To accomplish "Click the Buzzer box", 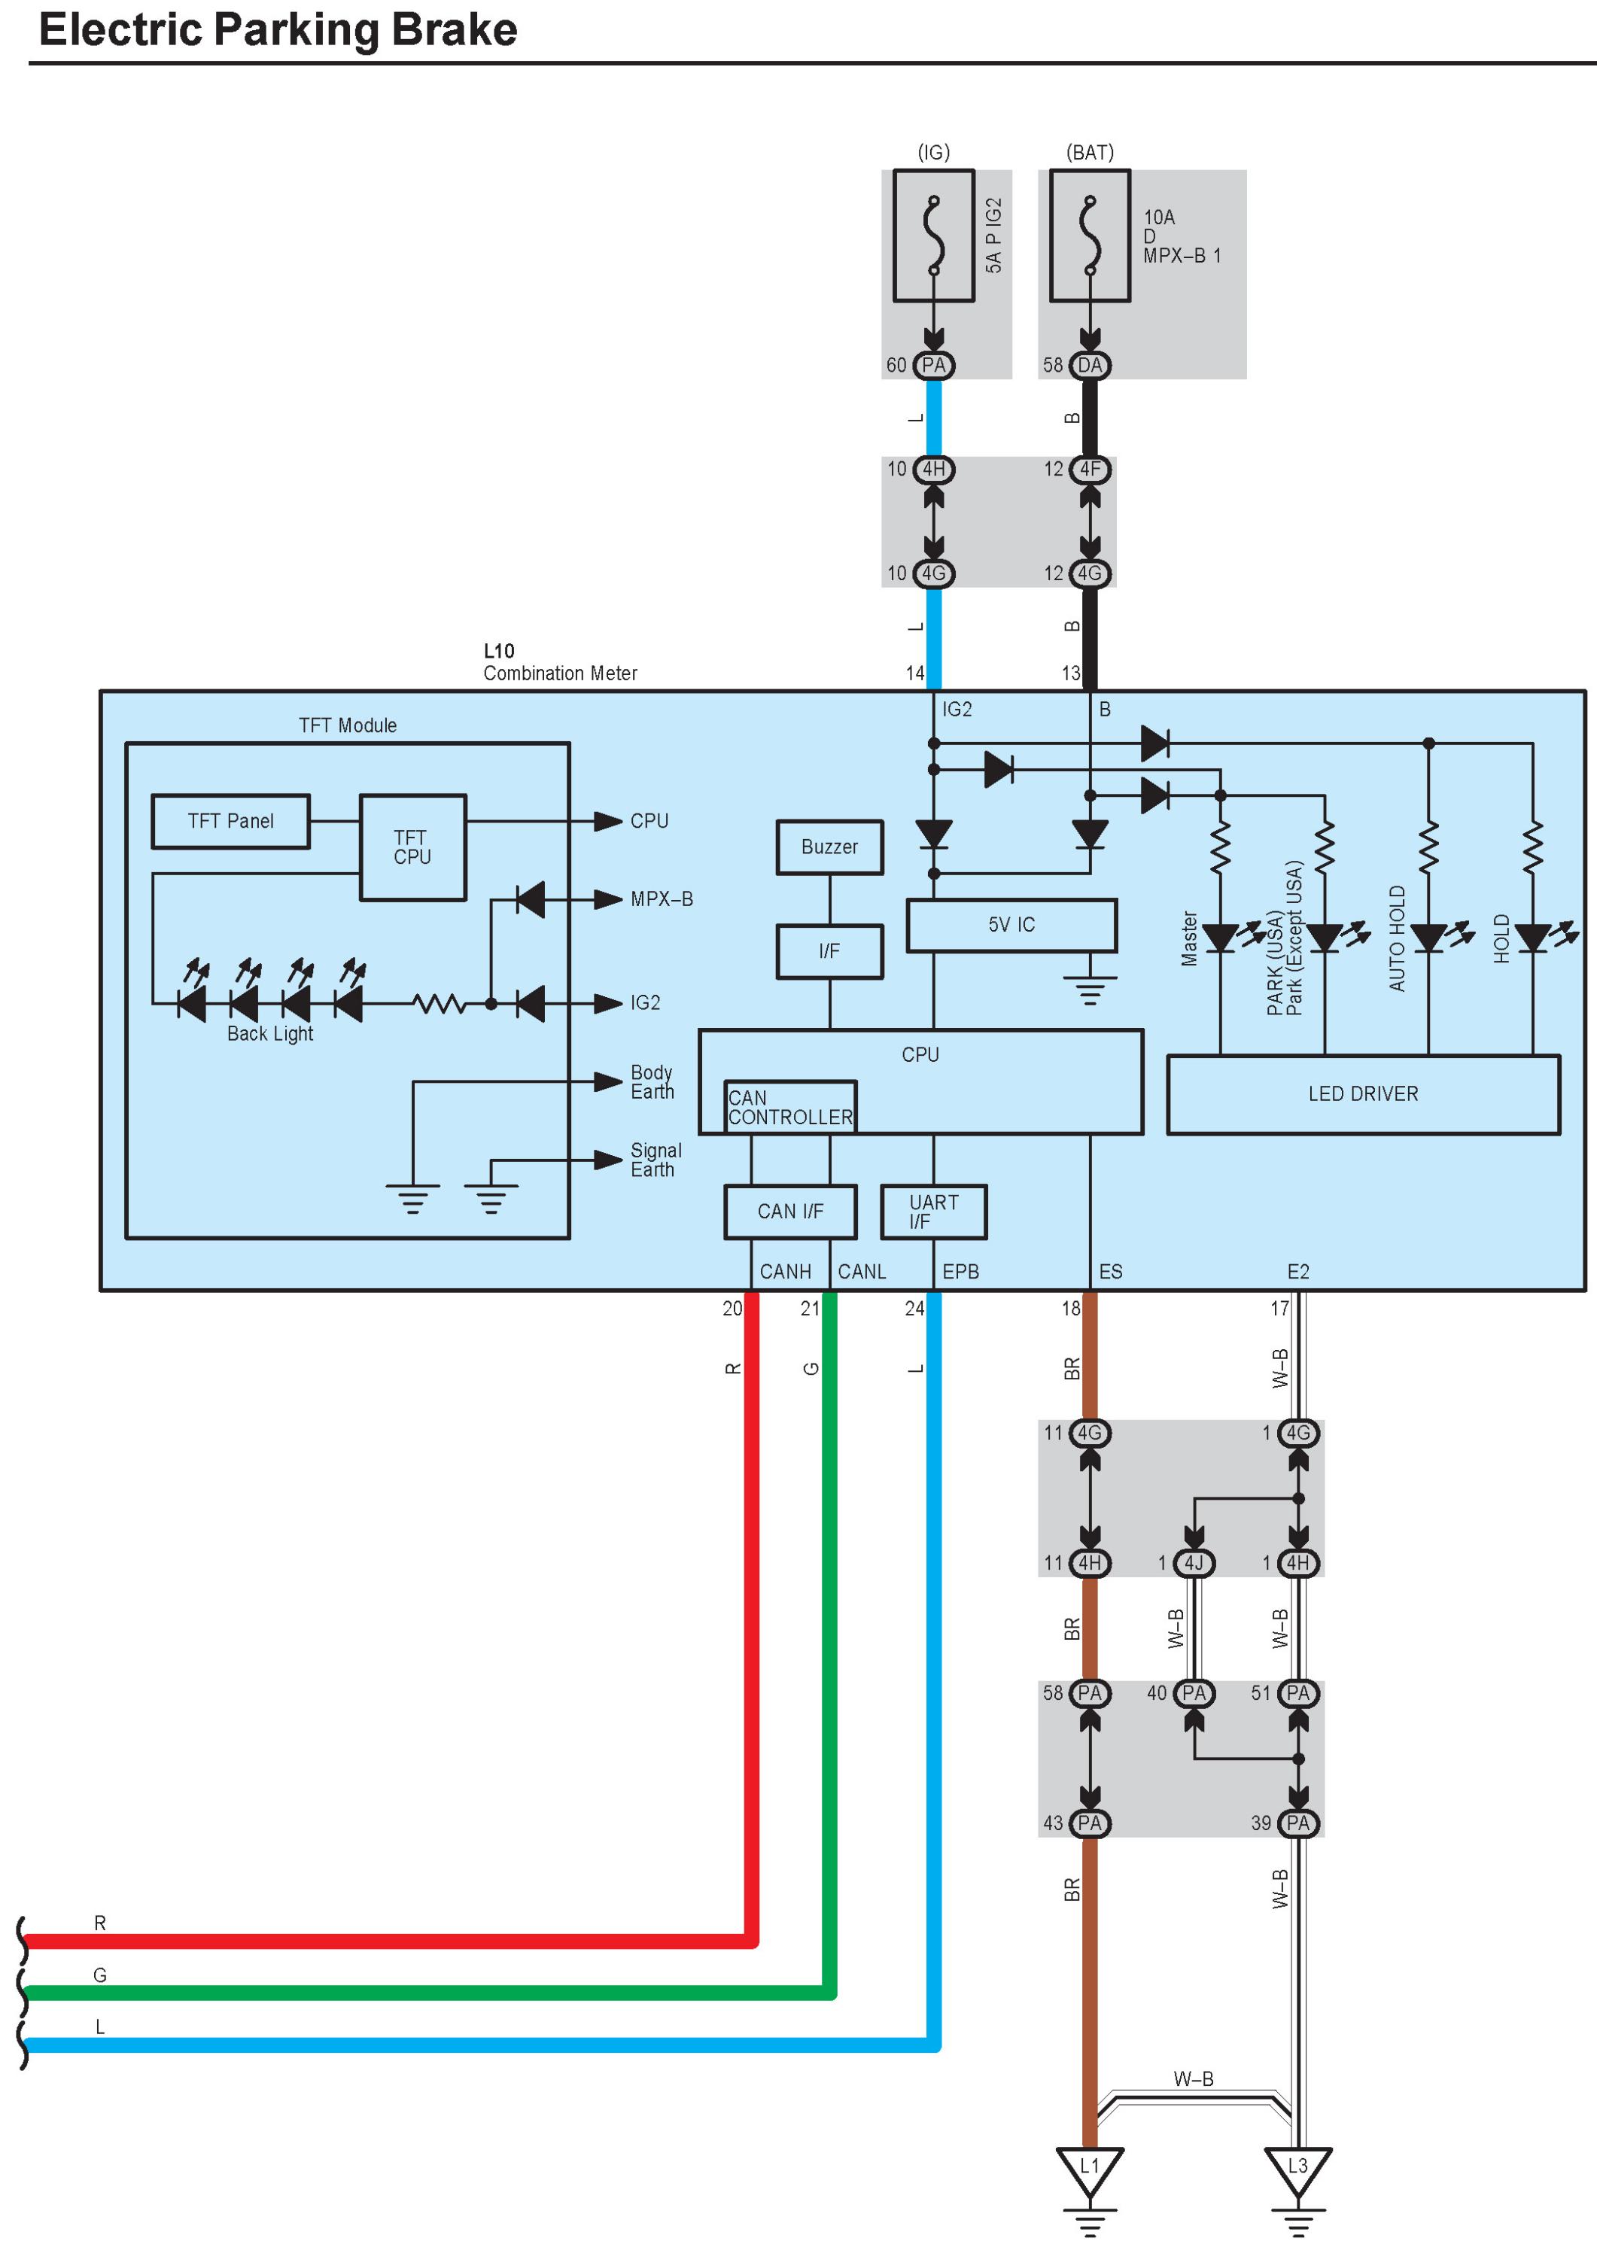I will point(829,847).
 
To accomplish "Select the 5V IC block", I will point(1011,924).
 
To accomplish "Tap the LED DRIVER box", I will point(1362,1093).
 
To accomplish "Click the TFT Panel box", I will point(230,821).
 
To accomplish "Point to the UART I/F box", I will point(933,1212).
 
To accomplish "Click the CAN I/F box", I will point(789,1212).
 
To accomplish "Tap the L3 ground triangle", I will point(1298,2169).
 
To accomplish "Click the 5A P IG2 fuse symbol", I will point(933,236).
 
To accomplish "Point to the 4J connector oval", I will point(1194,1563).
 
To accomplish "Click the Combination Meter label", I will point(559,673).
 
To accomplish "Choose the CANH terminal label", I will point(785,1272).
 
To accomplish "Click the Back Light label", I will point(269,1033).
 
